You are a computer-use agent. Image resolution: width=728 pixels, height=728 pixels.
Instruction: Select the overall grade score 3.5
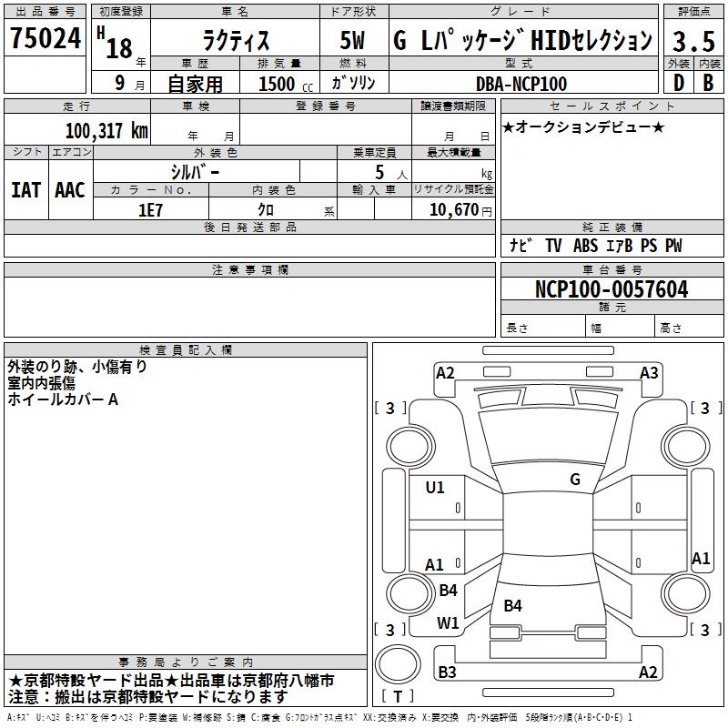coord(691,41)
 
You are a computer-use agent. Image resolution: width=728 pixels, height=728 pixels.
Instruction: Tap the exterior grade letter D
coord(677,83)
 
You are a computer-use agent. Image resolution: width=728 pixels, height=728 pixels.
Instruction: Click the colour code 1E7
coord(150,209)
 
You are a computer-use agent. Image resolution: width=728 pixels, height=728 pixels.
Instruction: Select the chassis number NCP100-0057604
coord(611,290)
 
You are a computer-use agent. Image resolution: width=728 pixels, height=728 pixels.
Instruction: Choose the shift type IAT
coord(25,189)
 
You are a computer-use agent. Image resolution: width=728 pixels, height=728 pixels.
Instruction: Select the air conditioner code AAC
coord(69,189)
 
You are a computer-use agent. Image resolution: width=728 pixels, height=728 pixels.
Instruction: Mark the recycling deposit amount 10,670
coord(453,209)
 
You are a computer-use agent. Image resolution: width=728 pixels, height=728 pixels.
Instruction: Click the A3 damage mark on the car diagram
coord(649,373)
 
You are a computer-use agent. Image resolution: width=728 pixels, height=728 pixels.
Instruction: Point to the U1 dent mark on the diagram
coord(435,488)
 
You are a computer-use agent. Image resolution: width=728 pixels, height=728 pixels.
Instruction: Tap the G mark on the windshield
coord(575,480)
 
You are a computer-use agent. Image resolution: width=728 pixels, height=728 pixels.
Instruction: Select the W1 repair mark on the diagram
coord(448,623)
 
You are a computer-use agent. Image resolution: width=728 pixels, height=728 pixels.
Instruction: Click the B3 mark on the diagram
coord(447,672)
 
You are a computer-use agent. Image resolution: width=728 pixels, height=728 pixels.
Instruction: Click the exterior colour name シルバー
coord(195,170)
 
